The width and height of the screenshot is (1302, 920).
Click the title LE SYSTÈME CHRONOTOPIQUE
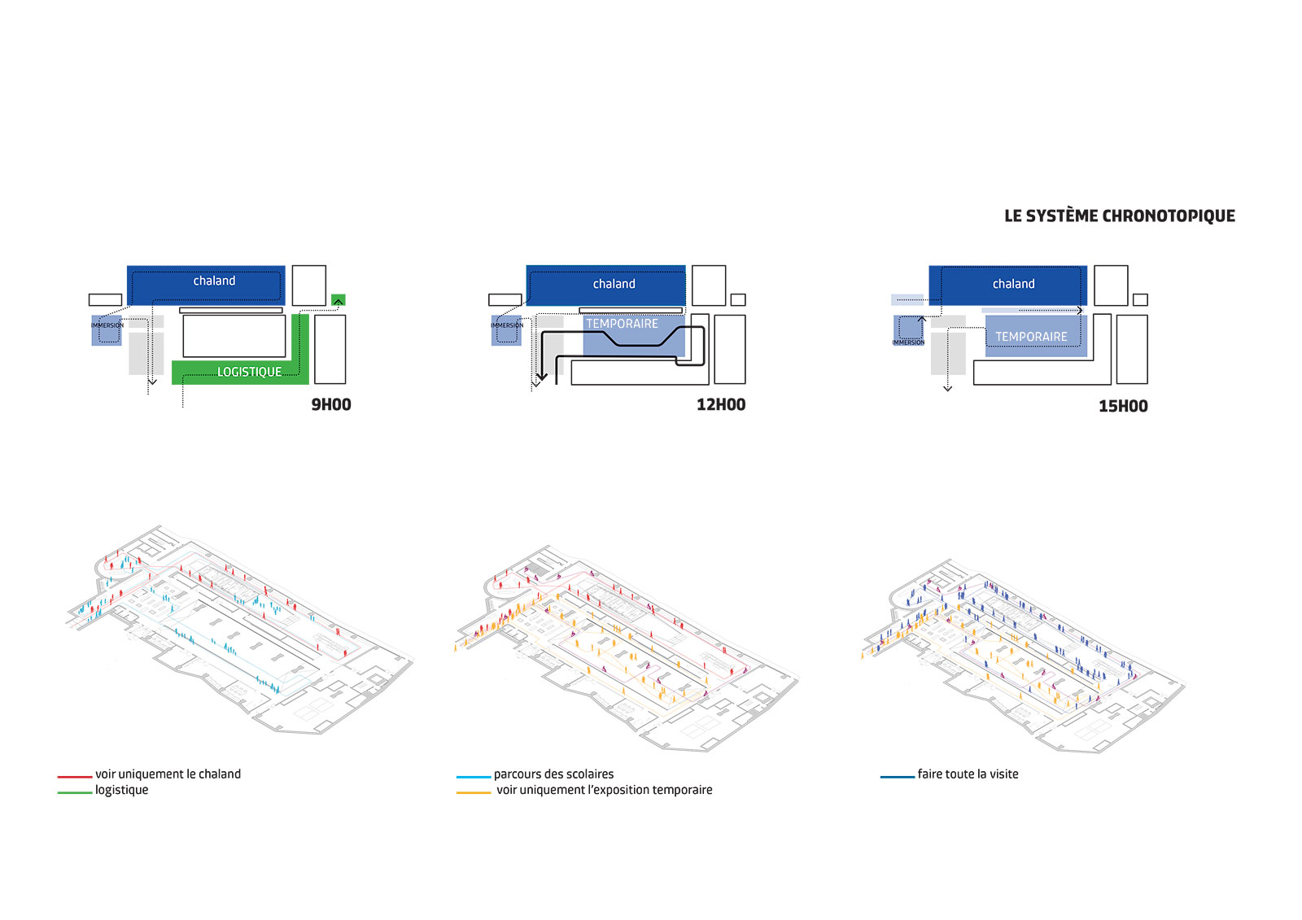1120,216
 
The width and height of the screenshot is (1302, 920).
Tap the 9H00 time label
330,404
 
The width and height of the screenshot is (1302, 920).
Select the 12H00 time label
721,404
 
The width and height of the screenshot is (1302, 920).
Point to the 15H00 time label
1123,406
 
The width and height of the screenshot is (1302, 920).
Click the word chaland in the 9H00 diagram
214,281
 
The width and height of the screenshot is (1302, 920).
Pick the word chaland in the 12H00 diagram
614,284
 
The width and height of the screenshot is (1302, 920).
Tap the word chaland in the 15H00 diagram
1013,284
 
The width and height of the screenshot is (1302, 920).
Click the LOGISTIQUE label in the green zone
249,372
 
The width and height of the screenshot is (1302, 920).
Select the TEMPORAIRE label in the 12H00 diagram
622,324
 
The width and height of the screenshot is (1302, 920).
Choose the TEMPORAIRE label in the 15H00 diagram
1031,337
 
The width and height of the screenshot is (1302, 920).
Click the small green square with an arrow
339,300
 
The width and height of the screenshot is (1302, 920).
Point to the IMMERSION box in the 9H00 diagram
107,331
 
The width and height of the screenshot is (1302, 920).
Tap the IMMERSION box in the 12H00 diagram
506,331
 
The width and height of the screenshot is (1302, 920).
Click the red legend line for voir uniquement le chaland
74,777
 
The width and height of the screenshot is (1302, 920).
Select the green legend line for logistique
74,792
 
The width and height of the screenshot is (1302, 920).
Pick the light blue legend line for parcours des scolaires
474,777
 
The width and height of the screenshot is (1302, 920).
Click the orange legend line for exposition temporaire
474,792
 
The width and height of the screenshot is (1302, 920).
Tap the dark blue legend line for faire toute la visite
898,777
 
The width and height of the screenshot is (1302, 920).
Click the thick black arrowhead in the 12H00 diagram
541,377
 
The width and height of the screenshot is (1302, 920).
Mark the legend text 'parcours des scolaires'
553,774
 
